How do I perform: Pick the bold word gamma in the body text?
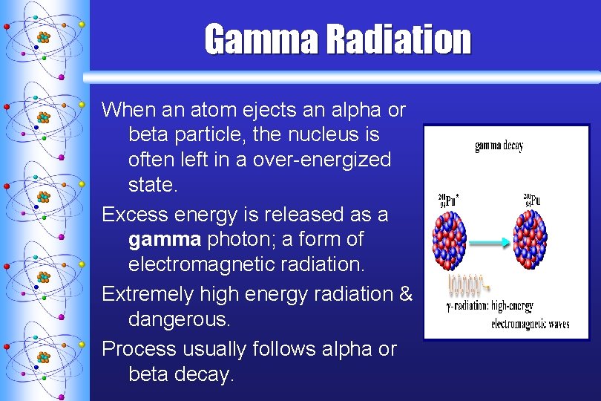click(x=164, y=240)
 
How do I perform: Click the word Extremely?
click(x=148, y=294)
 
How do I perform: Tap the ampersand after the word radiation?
click(x=405, y=294)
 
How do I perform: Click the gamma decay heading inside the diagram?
click(x=499, y=146)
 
